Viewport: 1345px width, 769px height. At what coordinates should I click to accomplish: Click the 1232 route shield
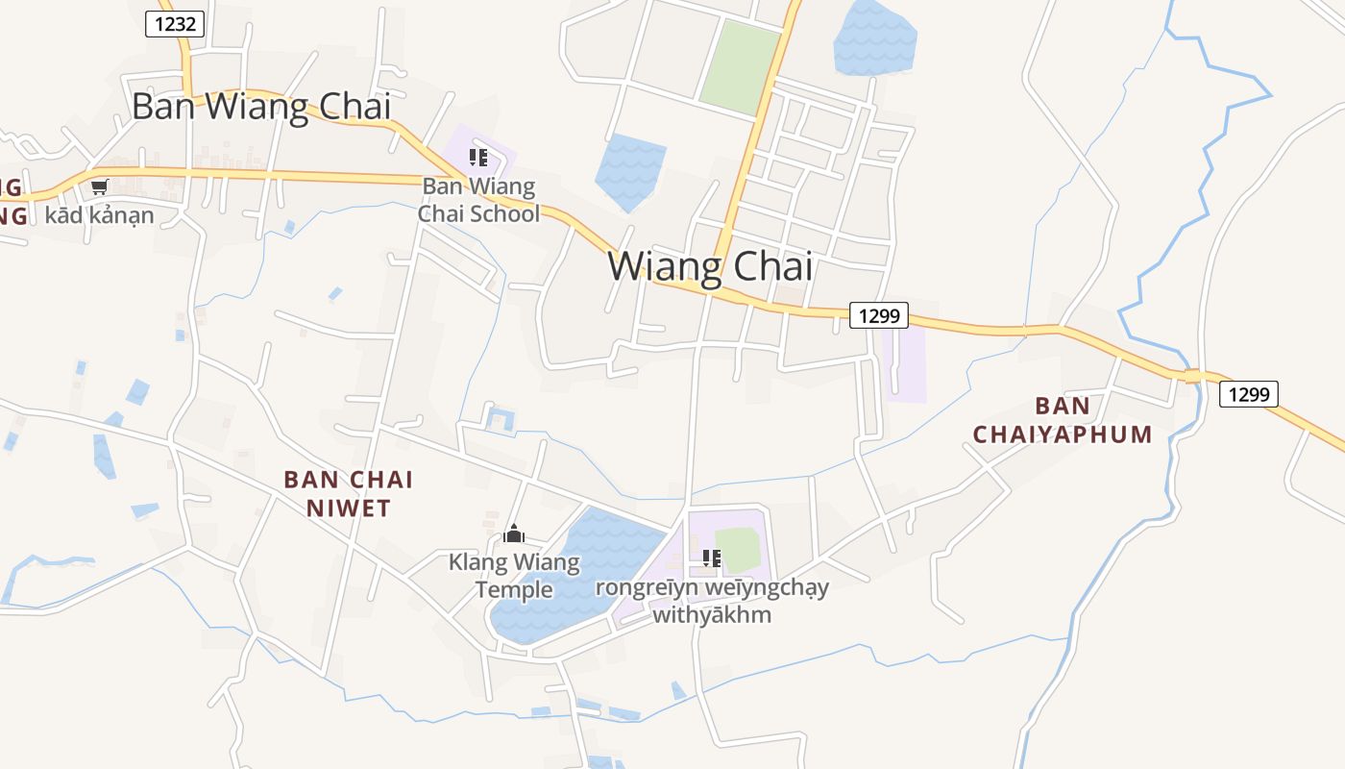[175, 24]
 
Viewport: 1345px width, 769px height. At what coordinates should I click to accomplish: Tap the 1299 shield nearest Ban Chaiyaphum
[1248, 393]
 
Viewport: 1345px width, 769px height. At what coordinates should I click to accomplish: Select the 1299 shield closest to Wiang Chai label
[878, 315]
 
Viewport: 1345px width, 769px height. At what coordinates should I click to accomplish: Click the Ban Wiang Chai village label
[261, 106]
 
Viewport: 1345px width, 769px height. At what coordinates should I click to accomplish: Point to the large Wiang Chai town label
[710, 266]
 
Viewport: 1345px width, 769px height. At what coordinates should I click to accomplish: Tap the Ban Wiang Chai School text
[478, 200]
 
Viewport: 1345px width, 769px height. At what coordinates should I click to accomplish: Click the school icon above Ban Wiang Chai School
[477, 158]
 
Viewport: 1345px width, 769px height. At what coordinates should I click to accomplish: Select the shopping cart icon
[99, 186]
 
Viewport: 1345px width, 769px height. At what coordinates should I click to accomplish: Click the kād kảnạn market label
[99, 214]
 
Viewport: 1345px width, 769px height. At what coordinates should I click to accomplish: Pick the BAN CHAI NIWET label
[349, 493]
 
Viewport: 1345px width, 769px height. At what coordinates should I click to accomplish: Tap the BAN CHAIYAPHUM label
[1063, 420]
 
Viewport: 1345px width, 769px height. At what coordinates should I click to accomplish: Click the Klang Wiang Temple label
[514, 575]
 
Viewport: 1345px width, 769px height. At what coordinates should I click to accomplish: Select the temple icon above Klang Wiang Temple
[514, 533]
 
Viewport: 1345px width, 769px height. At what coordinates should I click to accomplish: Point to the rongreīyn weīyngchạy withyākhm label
[712, 600]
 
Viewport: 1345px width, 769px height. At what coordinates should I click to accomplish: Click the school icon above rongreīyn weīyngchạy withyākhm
[711, 558]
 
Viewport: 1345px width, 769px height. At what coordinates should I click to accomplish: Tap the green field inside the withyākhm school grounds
[738, 549]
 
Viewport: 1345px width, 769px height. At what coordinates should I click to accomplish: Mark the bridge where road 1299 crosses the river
[1193, 376]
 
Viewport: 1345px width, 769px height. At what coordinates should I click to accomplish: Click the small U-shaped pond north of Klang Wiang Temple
[501, 419]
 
